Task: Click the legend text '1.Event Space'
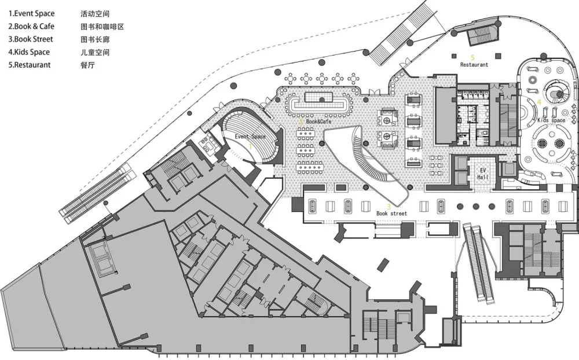[x=31, y=13]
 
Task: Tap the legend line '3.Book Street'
[x=31, y=39]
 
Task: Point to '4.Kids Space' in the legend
[x=29, y=52]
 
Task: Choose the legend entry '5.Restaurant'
[x=30, y=65]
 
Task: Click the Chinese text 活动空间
[x=95, y=13]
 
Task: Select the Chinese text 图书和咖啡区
[x=102, y=27]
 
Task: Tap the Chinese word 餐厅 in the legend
[x=87, y=65]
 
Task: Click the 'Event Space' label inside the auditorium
[x=250, y=137]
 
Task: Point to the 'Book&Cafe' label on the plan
[x=318, y=122]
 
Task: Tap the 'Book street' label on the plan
[x=391, y=214]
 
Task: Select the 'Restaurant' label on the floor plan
[x=474, y=65]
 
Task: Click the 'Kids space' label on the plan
[x=551, y=120]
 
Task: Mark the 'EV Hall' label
[x=481, y=174]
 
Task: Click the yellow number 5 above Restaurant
[x=472, y=57]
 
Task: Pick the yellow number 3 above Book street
[x=389, y=206]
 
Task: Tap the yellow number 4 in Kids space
[x=540, y=102]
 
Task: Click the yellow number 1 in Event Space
[x=250, y=147]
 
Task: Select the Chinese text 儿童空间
[x=95, y=52]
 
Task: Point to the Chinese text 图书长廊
[x=95, y=39]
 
